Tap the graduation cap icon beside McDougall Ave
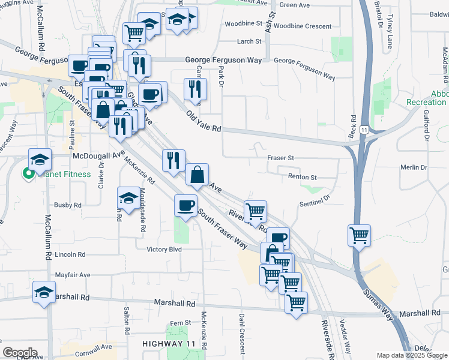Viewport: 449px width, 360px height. tap(40, 160)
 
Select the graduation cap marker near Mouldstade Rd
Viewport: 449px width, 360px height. tap(128, 198)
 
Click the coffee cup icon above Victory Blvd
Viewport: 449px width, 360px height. tap(185, 206)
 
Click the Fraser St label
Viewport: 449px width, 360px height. tap(280, 157)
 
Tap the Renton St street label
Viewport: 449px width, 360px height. tap(302, 178)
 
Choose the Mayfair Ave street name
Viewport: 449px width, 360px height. tap(72, 275)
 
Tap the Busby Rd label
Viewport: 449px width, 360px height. tap(68, 205)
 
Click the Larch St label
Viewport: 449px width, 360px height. tap(249, 41)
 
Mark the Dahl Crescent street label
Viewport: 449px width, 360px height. tap(242, 327)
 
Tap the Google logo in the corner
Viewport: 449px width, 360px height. tap(20, 353)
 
